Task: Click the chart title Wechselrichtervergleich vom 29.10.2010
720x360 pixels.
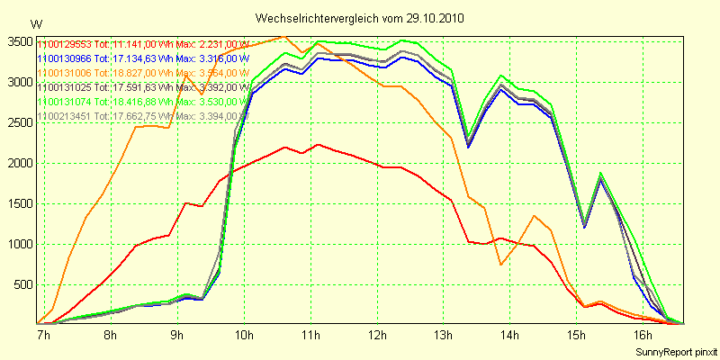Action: tap(360, 19)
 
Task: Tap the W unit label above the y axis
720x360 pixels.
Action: tap(35, 24)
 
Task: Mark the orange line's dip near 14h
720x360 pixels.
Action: tap(501, 264)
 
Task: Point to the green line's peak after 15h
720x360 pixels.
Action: tap(600, 173)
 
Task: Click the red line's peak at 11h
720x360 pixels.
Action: tap(319, 144)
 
